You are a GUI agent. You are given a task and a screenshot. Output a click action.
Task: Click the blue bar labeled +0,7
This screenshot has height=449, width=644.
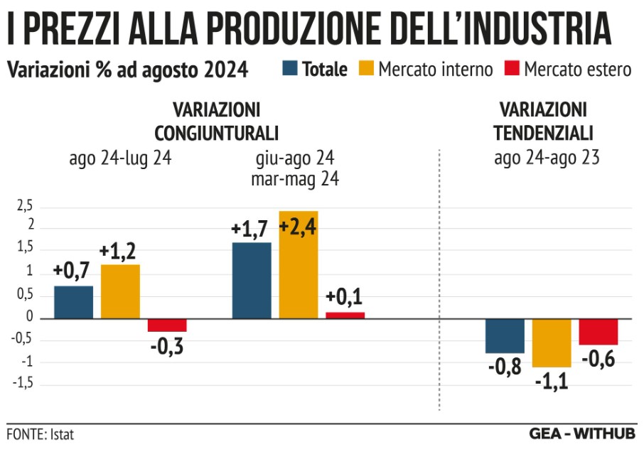[x=74, y=302]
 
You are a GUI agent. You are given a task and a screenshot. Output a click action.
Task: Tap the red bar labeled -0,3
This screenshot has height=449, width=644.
[x=167, y=325]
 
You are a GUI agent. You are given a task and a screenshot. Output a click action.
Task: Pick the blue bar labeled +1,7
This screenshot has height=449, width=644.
[x=252, y=281]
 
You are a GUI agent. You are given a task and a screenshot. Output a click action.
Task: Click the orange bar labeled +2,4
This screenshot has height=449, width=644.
[x=299, y=264]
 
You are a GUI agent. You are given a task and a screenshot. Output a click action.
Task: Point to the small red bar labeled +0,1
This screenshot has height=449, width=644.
[x=345, y=315]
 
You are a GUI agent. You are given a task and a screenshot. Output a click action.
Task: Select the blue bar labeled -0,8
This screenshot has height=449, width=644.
[x=505, y=335]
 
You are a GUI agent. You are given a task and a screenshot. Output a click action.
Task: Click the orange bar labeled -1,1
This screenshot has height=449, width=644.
[x=552, y=342]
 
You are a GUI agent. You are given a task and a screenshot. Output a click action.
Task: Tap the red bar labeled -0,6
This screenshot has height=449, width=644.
[x=599, y=332]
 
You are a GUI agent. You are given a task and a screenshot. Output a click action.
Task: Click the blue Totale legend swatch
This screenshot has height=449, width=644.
[x=290, y=69]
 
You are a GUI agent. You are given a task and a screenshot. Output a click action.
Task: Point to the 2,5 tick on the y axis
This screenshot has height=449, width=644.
[x=25, y=207]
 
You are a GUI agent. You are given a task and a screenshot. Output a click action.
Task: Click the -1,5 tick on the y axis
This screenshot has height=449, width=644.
[x=23, y=384]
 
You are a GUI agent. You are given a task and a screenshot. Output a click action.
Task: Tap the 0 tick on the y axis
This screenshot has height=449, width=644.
[x=29, y=317]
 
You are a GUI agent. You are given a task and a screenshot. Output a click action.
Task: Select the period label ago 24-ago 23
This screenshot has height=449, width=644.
[x=547, y=158]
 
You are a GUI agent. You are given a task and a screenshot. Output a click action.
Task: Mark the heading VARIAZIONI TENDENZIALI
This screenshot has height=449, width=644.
[x=544, y=121]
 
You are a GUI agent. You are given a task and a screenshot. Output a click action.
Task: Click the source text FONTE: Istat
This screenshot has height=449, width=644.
[x=40, y=433]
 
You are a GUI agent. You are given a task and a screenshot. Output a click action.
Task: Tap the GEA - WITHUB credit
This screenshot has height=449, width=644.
[x=582, y=433]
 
